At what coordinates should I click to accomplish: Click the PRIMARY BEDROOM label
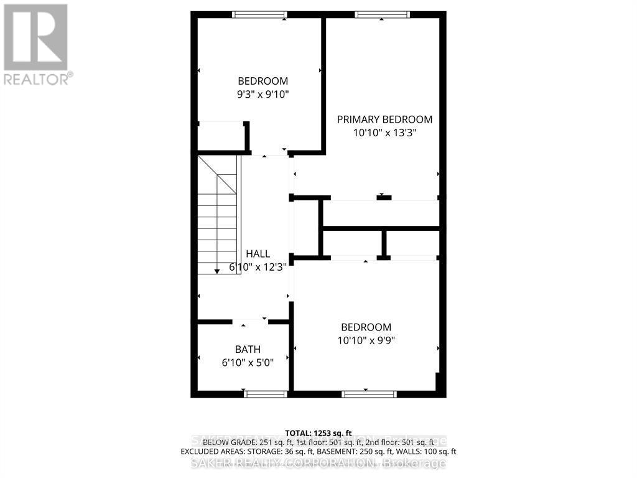click(x=384, y=119)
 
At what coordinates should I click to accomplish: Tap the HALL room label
click(x=258, y=254)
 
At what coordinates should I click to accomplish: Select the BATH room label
click(x=248, y=349)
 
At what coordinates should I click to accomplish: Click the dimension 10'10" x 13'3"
click(x=384, y=133)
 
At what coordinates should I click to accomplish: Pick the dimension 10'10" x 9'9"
click(x=366, y=340)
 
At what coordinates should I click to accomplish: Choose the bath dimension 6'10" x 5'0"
click(x=248, y=362)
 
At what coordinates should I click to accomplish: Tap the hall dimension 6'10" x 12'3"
click(x=258, y=267)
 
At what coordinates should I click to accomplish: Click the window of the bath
click(x=266, y=393)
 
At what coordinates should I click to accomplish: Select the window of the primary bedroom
click(x=383, y=14)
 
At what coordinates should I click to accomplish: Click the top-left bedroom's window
click(x=259, y=14)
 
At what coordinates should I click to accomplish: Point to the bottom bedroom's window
click(x=369, y=393)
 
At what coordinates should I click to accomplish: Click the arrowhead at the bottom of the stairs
click(x=216, y=271)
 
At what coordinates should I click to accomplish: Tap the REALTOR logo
click(x=36, y=44)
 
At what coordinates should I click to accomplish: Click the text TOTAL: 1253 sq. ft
click(x=318, y=433)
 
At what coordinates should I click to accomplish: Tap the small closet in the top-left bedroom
click(x=221, y=136)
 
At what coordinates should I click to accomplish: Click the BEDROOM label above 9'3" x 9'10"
click(x=263, y=81)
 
